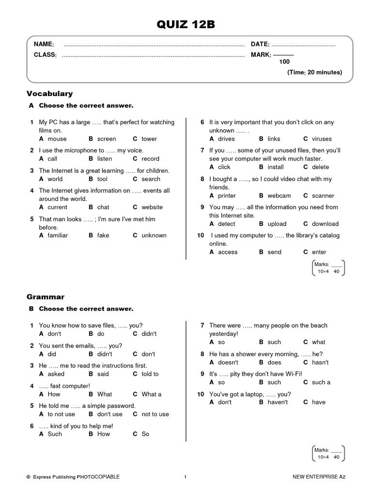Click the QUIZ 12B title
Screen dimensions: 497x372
(186, 25)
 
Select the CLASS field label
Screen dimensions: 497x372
(45, 55)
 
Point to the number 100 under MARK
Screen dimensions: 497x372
(284, 62)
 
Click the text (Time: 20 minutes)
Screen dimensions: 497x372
(314, 72)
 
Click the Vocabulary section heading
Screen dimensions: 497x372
(49, 93)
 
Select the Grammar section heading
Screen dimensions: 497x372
(46, 297)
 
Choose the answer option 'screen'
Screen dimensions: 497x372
(107, 139)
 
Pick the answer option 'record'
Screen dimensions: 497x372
(150, 159)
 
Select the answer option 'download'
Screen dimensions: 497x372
(325, 224)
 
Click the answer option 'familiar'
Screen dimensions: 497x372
(58, 235)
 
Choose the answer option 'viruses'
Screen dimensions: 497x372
(322, 139)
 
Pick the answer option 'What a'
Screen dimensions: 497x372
(152, 394)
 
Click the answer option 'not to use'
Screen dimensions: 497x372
(155, 414)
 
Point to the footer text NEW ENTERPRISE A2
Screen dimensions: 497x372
(319, 477)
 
